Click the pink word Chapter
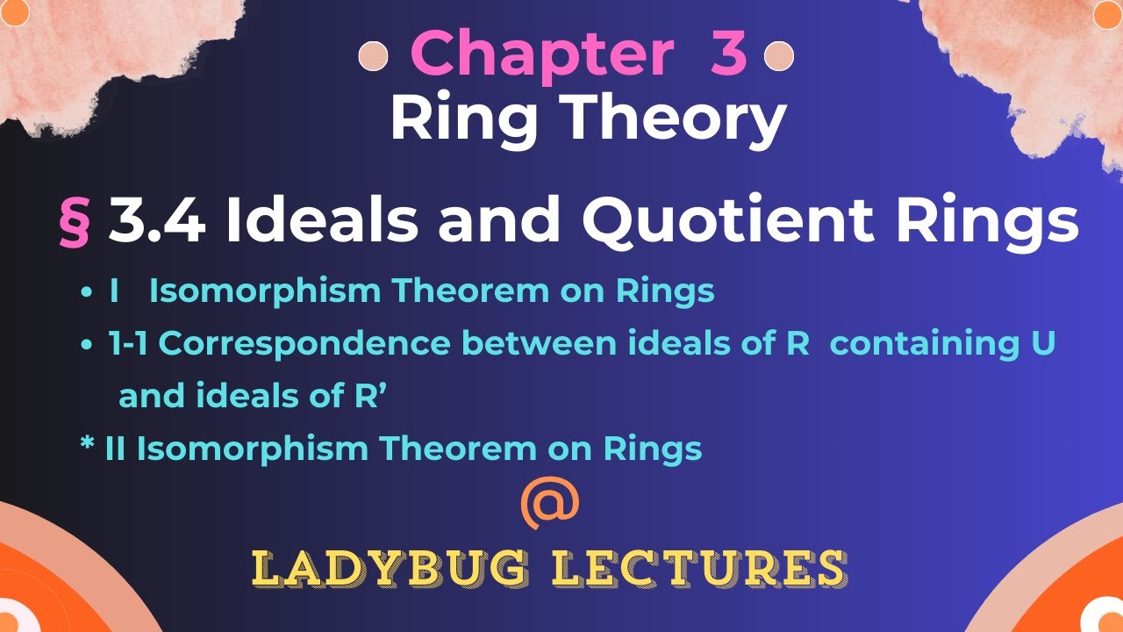541,54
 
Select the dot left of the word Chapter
374,57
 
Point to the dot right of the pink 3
779,57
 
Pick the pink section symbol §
75,224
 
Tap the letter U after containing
1042,344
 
